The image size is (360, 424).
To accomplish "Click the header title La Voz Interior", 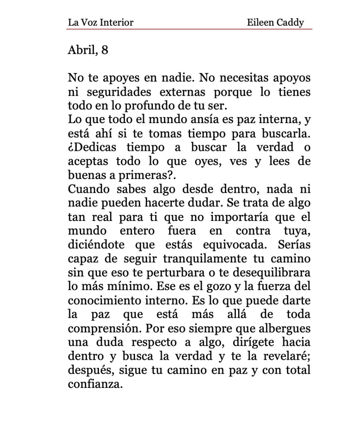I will tap(100, 22).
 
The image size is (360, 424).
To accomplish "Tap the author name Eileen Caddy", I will tap(275, 22).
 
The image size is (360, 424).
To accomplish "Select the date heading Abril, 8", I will tap(88, 50).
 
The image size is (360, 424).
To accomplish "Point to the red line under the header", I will tap(189, 29).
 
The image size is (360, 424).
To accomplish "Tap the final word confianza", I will tap(95, 384).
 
